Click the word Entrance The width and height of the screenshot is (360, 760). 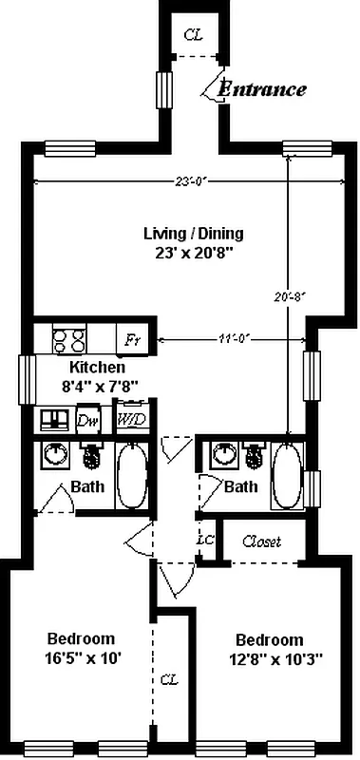tap(263, 90)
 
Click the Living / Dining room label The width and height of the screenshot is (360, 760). tap(193, 233)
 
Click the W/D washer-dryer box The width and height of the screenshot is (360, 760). tap(127, 418)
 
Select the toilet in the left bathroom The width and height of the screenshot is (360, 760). tap(93, 457)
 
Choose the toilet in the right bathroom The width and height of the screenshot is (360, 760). tap(252, 457)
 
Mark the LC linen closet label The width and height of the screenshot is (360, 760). tap(203, 539)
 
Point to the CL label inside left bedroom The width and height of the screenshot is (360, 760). tap(168, 680)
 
